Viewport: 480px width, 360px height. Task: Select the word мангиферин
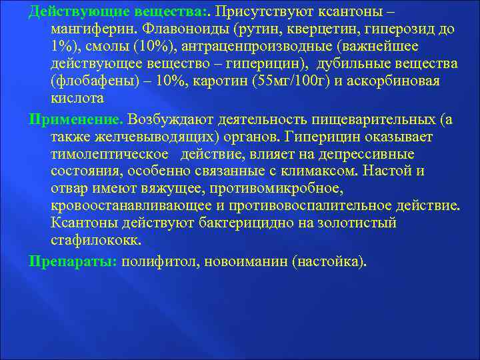pyautogui.click(x=94, y=29)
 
